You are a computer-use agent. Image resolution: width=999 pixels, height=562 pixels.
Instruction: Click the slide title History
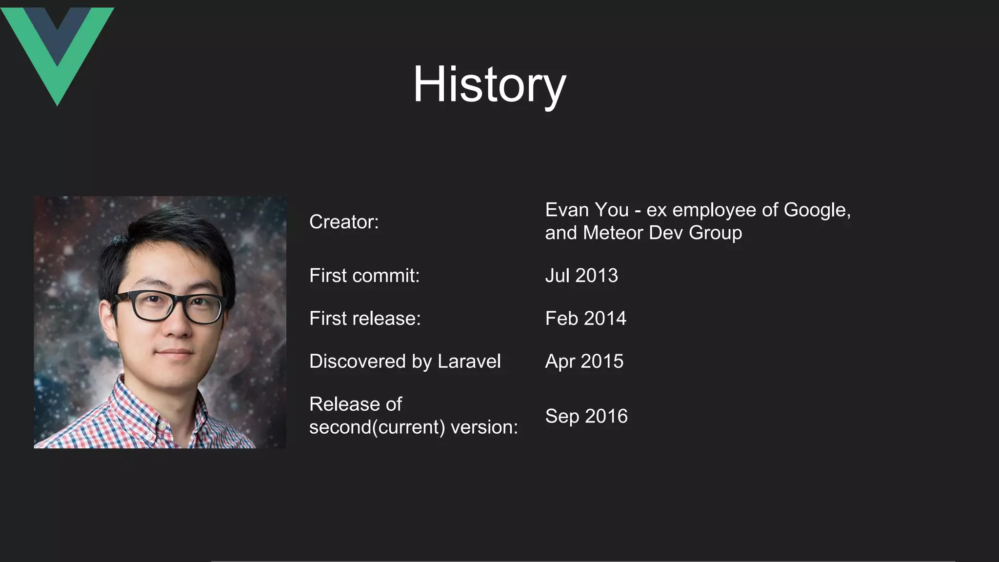click(x=489, y=84)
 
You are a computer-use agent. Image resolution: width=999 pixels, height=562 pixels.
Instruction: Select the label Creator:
click(x=344, y=222)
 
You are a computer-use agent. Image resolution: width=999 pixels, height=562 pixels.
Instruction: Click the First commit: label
click(x=364, y=276)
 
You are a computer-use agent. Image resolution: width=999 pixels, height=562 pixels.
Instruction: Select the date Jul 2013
click(x=581, y=276)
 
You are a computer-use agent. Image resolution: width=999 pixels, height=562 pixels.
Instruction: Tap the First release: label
click(x=365, y=319)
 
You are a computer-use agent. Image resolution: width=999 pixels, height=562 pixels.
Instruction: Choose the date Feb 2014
click(x=585, y=319)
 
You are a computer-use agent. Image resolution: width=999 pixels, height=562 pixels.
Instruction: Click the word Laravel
click(x=469, y=361)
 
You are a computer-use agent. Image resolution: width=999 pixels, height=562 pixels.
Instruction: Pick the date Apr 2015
click(x=584, y=361)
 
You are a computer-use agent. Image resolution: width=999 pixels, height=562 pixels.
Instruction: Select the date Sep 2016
click(x=586, y=416)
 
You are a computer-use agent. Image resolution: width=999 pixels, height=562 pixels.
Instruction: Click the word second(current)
click(x=377, y=427)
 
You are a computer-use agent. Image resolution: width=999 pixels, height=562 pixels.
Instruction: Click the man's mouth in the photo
click(x=174, y=352)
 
